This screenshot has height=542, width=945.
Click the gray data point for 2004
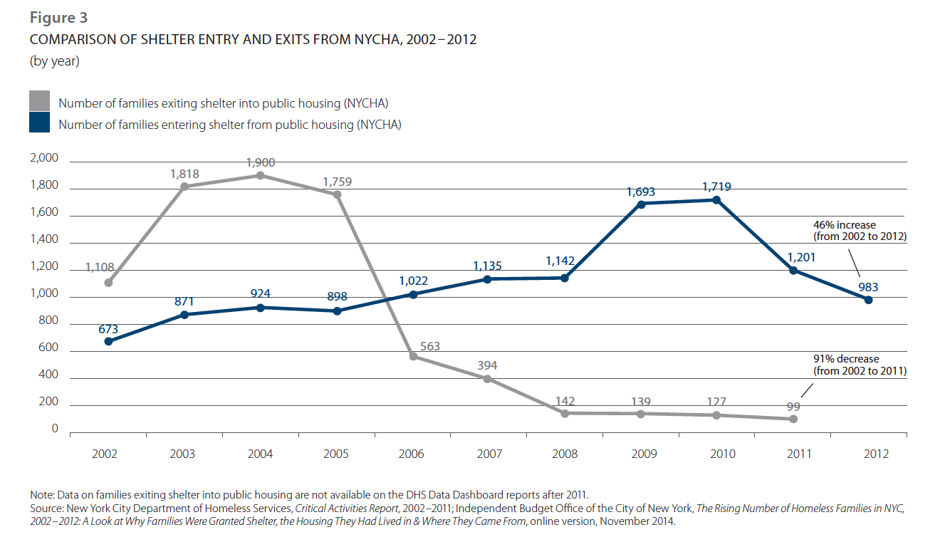point(261,175)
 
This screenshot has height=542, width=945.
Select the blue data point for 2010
point(716,199)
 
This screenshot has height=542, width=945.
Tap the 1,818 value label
point(184,173)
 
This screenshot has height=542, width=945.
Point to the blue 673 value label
point(108,328)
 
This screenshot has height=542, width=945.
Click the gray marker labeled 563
point(413,356)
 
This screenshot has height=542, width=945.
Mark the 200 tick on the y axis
point(49,402)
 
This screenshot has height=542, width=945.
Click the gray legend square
point(40,100)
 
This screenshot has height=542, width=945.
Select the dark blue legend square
point(40,123)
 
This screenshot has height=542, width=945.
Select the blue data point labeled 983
point(868,300)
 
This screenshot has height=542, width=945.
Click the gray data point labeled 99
point(793,419)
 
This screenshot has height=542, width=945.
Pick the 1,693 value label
point(641,192)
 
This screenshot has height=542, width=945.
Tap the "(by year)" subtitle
point(54,62)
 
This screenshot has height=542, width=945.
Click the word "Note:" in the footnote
point(43,494)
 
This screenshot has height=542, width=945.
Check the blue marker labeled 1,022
point(413,294)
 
